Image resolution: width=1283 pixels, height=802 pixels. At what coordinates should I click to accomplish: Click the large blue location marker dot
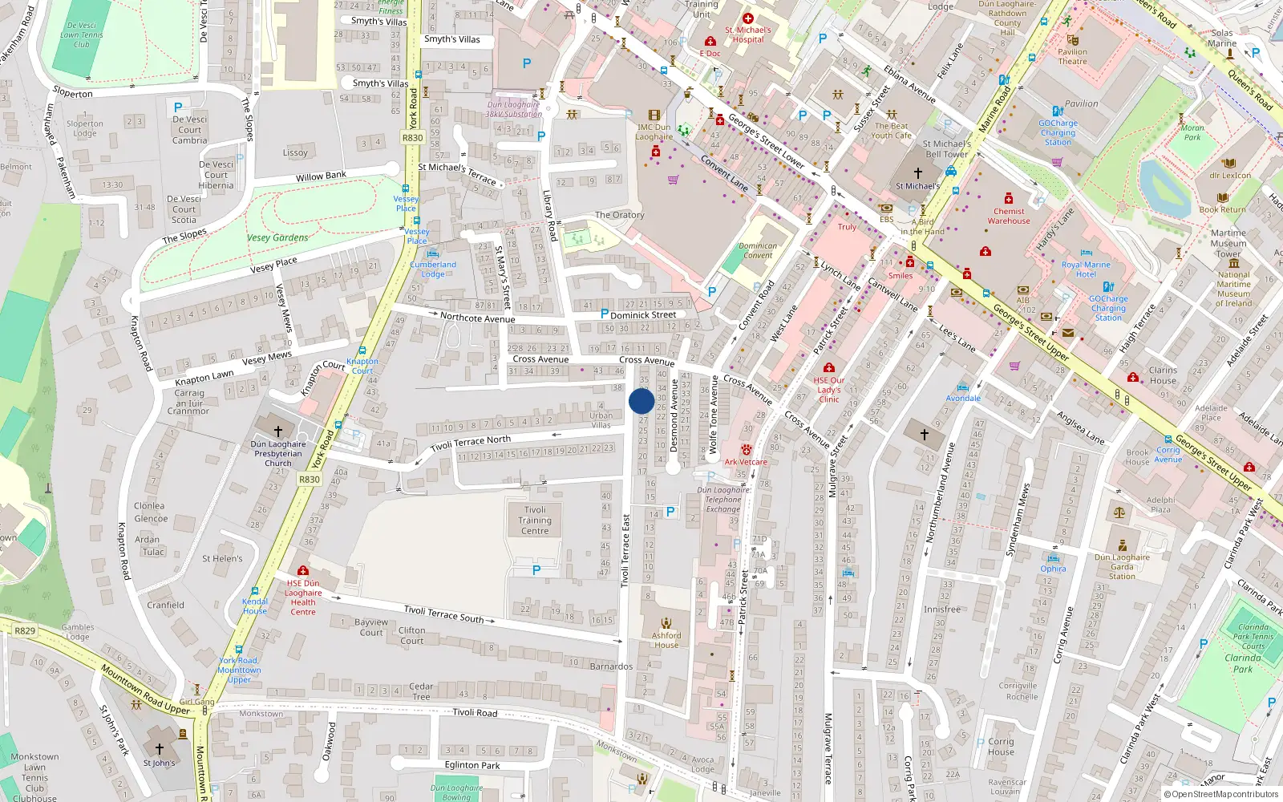click(x=641, y=401)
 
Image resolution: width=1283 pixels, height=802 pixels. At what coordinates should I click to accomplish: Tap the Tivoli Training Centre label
click(x=535, y=520)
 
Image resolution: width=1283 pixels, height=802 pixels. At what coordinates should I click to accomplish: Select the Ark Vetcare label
click(x=746, y=462)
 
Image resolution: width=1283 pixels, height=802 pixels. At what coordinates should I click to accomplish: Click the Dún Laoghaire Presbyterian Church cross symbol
click(x=278, y=431)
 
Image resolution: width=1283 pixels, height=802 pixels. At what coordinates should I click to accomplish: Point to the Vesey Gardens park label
click(x=277, y=237)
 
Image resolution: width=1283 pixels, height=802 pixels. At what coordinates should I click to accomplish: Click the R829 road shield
click(x=25, y=630)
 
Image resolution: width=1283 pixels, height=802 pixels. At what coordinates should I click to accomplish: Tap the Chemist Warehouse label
click(x=1009, y=216)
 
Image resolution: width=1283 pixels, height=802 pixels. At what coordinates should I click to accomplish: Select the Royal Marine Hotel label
click(x=1086, y=269)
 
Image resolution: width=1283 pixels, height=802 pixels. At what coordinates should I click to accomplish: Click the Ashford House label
click(x=666, y=640)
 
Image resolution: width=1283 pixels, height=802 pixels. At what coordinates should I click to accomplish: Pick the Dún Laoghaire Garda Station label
click(x=1122, y=566)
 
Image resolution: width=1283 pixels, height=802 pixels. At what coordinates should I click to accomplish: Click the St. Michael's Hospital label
click(x=748, y=34)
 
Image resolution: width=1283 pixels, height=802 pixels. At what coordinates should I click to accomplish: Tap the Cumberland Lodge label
click(x=433, y=269)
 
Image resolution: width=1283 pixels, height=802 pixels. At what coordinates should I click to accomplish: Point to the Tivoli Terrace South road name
click(x=443, y=614)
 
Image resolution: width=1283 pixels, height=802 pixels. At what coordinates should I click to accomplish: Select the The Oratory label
click(x=619, y=215)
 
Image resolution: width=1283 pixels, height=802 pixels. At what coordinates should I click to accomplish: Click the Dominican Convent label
click(x=758, y=251)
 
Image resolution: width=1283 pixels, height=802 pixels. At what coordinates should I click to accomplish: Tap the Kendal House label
click(x=255, y=606)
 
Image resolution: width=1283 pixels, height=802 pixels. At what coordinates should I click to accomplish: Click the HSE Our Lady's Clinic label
click(x=829, y=390)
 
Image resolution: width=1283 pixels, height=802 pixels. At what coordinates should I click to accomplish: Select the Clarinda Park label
click(x=1242, y=663)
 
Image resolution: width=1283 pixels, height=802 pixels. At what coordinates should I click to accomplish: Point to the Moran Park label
click(x=1192, y=132)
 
